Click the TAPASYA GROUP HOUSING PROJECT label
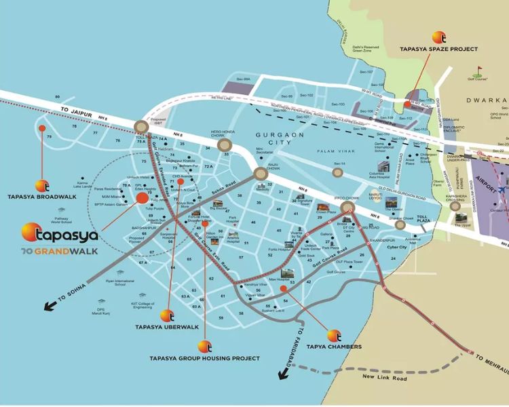click(x=204, y=357)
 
